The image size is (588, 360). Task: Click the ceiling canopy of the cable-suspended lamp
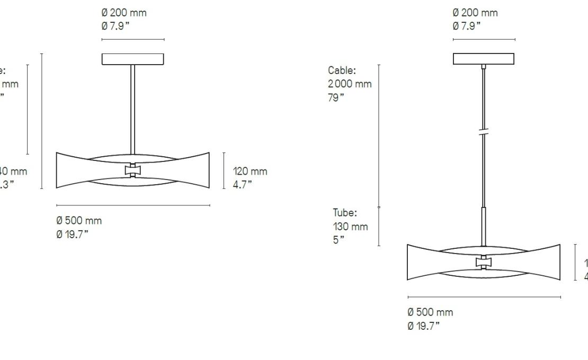pyautogui.click(x=483, y=59)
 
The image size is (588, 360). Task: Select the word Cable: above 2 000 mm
pyautogui.click(x=342, y=70)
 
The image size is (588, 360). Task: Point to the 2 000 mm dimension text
pyautogui.click(x=350, y=84)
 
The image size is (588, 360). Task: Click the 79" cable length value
pyautogui.click(x=335, y=97)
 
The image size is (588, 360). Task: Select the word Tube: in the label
pyautogui.click(x=345, y=213)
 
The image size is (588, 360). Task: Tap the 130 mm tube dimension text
pyautogui.click(x=350, y=227)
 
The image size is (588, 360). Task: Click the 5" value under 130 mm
pyautogui.click(x=338, y=240)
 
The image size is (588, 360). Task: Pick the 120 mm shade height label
pyautogui.click(x=250, y=172)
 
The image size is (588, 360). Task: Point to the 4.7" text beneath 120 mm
pyautogui.click(x=243, y=184)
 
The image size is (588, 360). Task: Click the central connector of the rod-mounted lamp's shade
pyautogui.click(x=132, y=170)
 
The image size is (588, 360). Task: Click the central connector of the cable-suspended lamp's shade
pyautogui.click(x=483, y=262)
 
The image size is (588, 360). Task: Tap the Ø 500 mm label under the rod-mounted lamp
pyautogui.click(x=79, y=221)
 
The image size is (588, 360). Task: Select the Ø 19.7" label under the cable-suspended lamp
pyautogui.click(x=423, y=326)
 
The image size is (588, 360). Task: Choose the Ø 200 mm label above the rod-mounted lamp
pyautogui.click(x=124, y=13)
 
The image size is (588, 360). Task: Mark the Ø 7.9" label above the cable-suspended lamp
pyautogui.click(x=467, y=26)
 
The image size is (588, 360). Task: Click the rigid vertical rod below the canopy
pyautogui.click(x=132, y=106)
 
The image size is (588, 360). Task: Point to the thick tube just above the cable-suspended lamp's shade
pyautogui.click(x=483, y=225)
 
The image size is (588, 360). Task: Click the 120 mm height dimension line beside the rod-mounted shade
pyautogui.click(x=224, y=170)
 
